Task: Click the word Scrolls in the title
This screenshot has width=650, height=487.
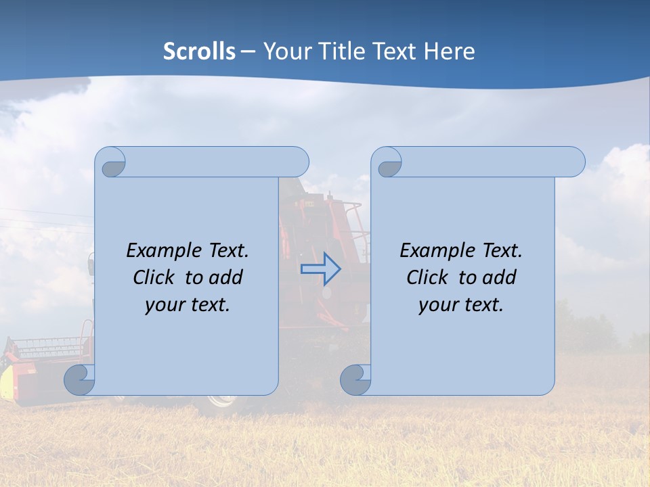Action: [x=199, y=51]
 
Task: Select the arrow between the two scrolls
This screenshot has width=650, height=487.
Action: [x=321, y=269]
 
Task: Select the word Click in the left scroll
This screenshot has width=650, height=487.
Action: [x=155, y=278]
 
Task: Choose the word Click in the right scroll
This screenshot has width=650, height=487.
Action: [x=428, y=278]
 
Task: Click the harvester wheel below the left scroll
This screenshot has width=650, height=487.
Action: [x=221, y=400]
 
